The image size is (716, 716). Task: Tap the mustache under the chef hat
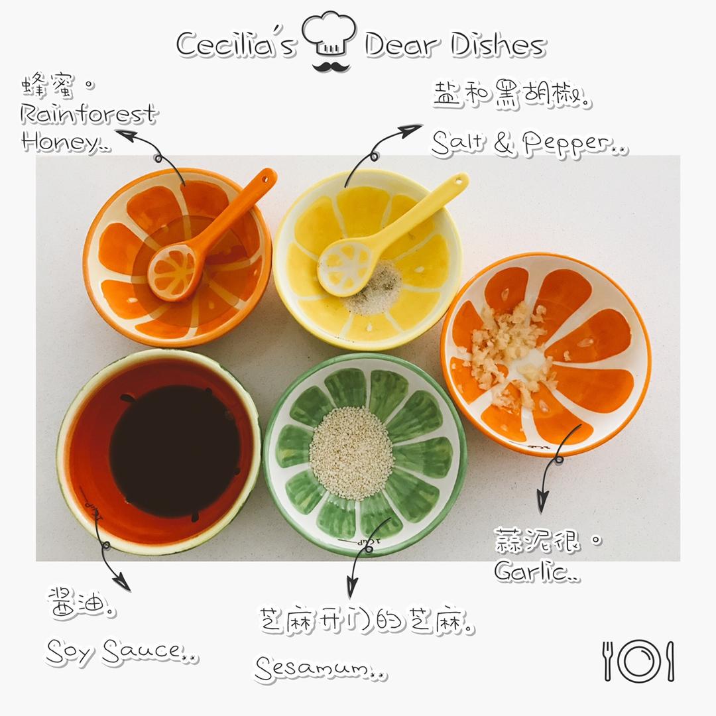[331, 67]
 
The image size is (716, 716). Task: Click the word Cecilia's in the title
[237, 44]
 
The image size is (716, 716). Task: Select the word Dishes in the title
[498, 45]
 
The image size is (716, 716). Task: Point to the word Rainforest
[89, 114]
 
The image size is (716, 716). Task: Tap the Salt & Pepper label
[529, 143]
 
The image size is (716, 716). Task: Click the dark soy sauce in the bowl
[175, 451]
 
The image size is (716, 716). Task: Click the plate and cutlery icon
[638, 661]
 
